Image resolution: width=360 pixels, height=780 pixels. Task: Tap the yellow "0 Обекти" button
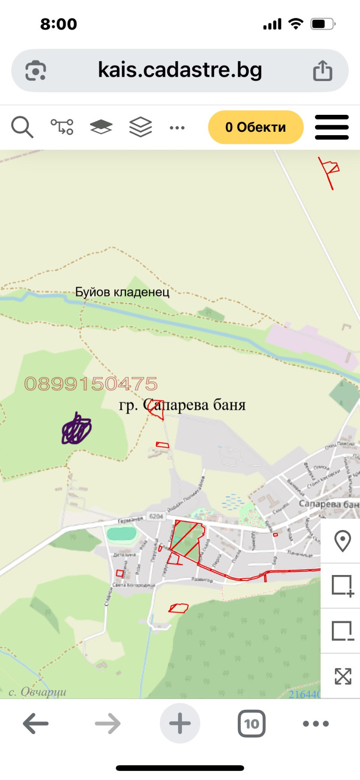256,127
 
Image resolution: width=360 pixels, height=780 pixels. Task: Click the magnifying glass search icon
22,127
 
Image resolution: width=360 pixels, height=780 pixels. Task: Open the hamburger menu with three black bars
332,127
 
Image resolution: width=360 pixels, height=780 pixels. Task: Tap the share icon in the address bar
323,71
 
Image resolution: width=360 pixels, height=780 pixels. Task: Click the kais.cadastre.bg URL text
180,70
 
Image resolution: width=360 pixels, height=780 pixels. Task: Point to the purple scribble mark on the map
77,429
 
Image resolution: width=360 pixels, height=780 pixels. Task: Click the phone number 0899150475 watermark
91,384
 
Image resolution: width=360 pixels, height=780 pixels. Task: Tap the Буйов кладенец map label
122,292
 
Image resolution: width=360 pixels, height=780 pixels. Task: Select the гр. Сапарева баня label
182,405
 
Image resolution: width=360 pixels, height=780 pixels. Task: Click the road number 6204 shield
156,516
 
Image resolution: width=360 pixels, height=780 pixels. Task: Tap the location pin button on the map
342,541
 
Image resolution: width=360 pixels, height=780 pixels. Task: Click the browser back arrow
36,723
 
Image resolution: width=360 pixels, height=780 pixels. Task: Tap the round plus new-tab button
180,723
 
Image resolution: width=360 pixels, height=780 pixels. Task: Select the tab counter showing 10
251,723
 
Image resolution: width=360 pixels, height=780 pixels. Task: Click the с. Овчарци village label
38,692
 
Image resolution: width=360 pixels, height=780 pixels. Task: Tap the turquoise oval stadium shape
122,533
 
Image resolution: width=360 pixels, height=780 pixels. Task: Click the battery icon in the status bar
322,24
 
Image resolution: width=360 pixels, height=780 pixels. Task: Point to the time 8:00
58,24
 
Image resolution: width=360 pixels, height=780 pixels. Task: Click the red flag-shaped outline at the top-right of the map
330,170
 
